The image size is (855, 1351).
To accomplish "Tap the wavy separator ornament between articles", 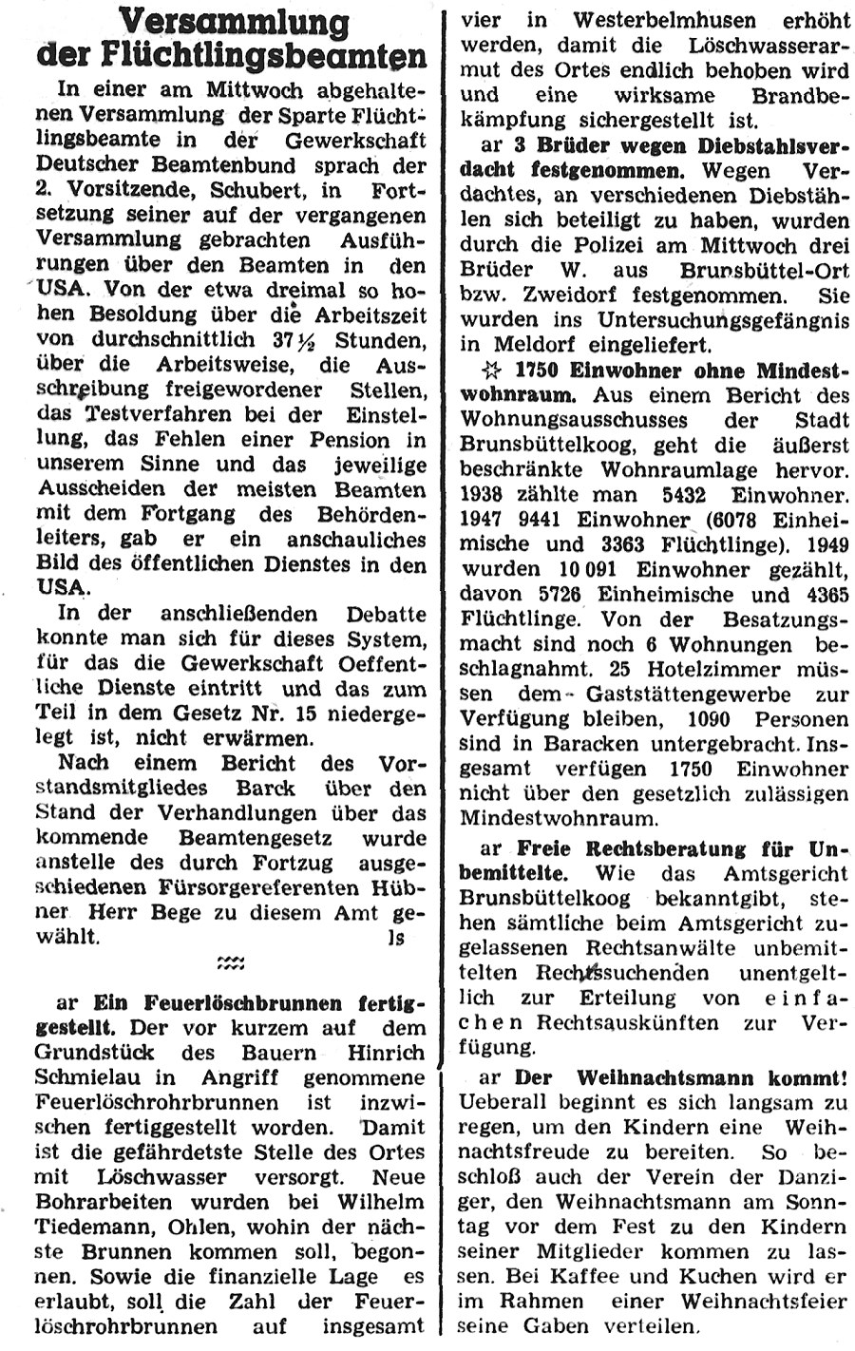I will coord(229,965).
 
